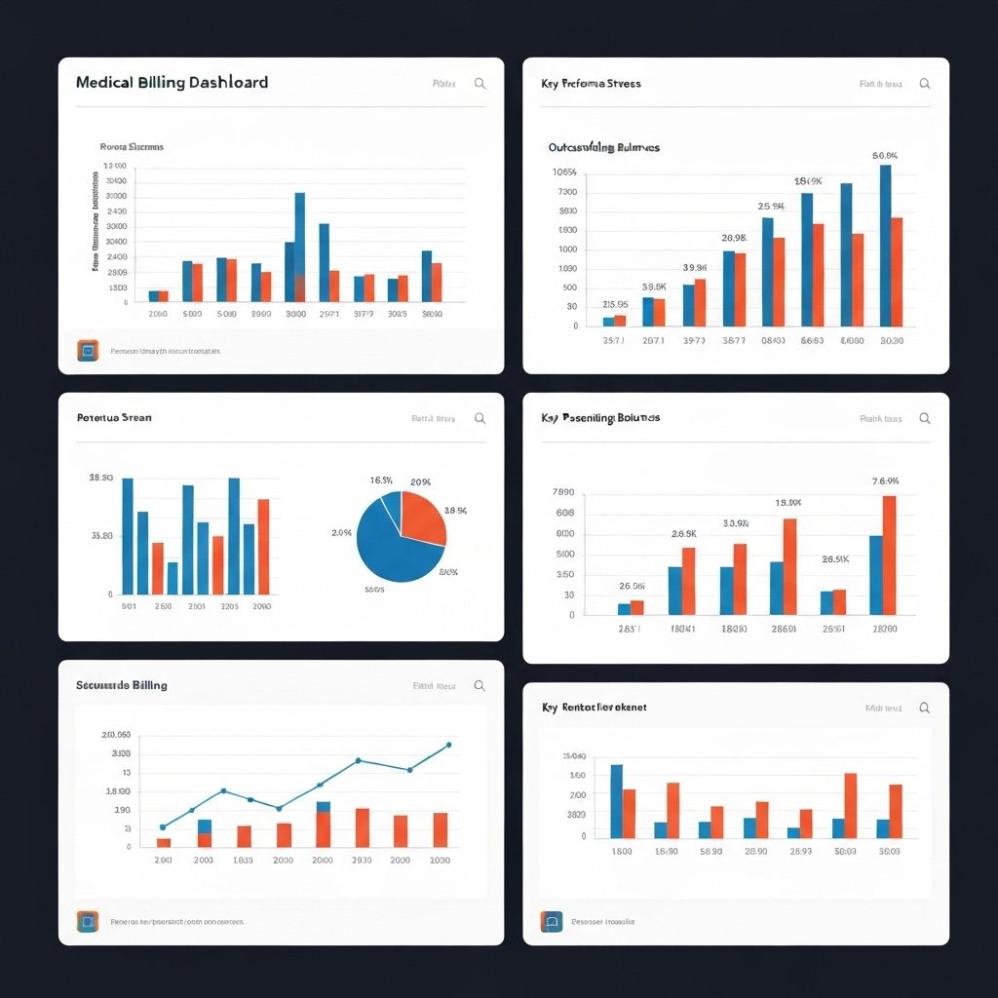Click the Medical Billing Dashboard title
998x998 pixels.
172,83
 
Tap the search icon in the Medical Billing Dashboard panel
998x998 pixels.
480,84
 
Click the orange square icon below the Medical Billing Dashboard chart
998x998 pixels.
88,351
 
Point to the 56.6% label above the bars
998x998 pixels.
885,156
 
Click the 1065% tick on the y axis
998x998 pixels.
564,173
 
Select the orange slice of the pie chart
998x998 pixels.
422,517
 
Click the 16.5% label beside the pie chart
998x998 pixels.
381,480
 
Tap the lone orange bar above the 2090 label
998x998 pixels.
263,546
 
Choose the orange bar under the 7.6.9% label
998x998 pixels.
889,555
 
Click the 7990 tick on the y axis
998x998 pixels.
563,492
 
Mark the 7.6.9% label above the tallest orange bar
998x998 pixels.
885,481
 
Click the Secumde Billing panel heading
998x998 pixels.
122,685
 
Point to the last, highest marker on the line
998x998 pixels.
448,745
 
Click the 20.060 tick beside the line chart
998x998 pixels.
116,735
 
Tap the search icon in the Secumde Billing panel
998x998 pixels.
480,686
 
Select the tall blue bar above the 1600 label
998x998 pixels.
616,801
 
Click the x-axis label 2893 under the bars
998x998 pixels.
800,851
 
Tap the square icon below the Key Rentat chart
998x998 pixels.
552,921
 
